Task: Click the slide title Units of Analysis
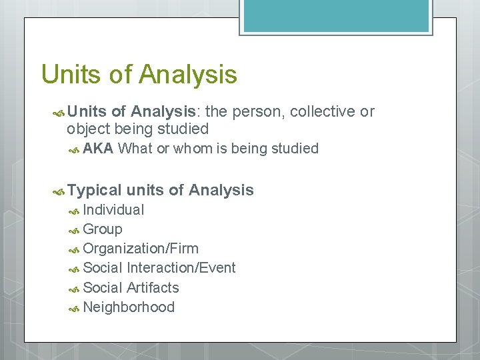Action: click(x=139, y=74)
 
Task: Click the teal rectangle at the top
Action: click(x=336, y=15)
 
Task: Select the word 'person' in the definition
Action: click(x=259, y=111)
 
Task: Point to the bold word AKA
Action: click(x=98, y=149)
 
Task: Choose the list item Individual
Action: click(x=113, y=210)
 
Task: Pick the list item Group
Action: click(x=103, y=229)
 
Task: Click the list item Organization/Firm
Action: click(x=141, y=249)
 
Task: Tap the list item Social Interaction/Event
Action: click(x=159, y=268)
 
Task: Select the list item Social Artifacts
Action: click(x=131, y=288)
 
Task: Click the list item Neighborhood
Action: click(x=129, y=307)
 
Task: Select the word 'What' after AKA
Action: click(x=135, y=149)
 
